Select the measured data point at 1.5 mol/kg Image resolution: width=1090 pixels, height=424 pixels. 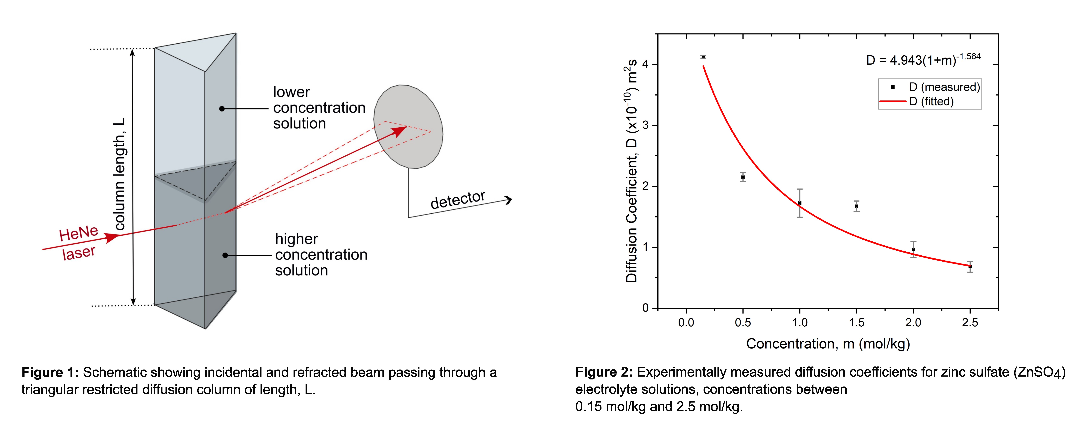pyautogui.click(x=856, y=206)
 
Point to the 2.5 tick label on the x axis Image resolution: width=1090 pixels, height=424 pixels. pyautogui.click(x=970, y=323)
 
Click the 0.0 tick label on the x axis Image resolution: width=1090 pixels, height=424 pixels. pyautogui.click(x=686, y=323)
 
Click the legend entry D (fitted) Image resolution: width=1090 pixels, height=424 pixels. pyautogui.click(x=931, y=102)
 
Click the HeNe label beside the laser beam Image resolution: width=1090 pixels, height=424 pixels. pyautogui.click(x=79, y=234)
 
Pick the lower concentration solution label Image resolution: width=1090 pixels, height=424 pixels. pyautogui.click(x=319, y=108)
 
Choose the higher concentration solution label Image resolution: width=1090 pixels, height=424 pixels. pyautogui.click(x=321, y=255)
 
